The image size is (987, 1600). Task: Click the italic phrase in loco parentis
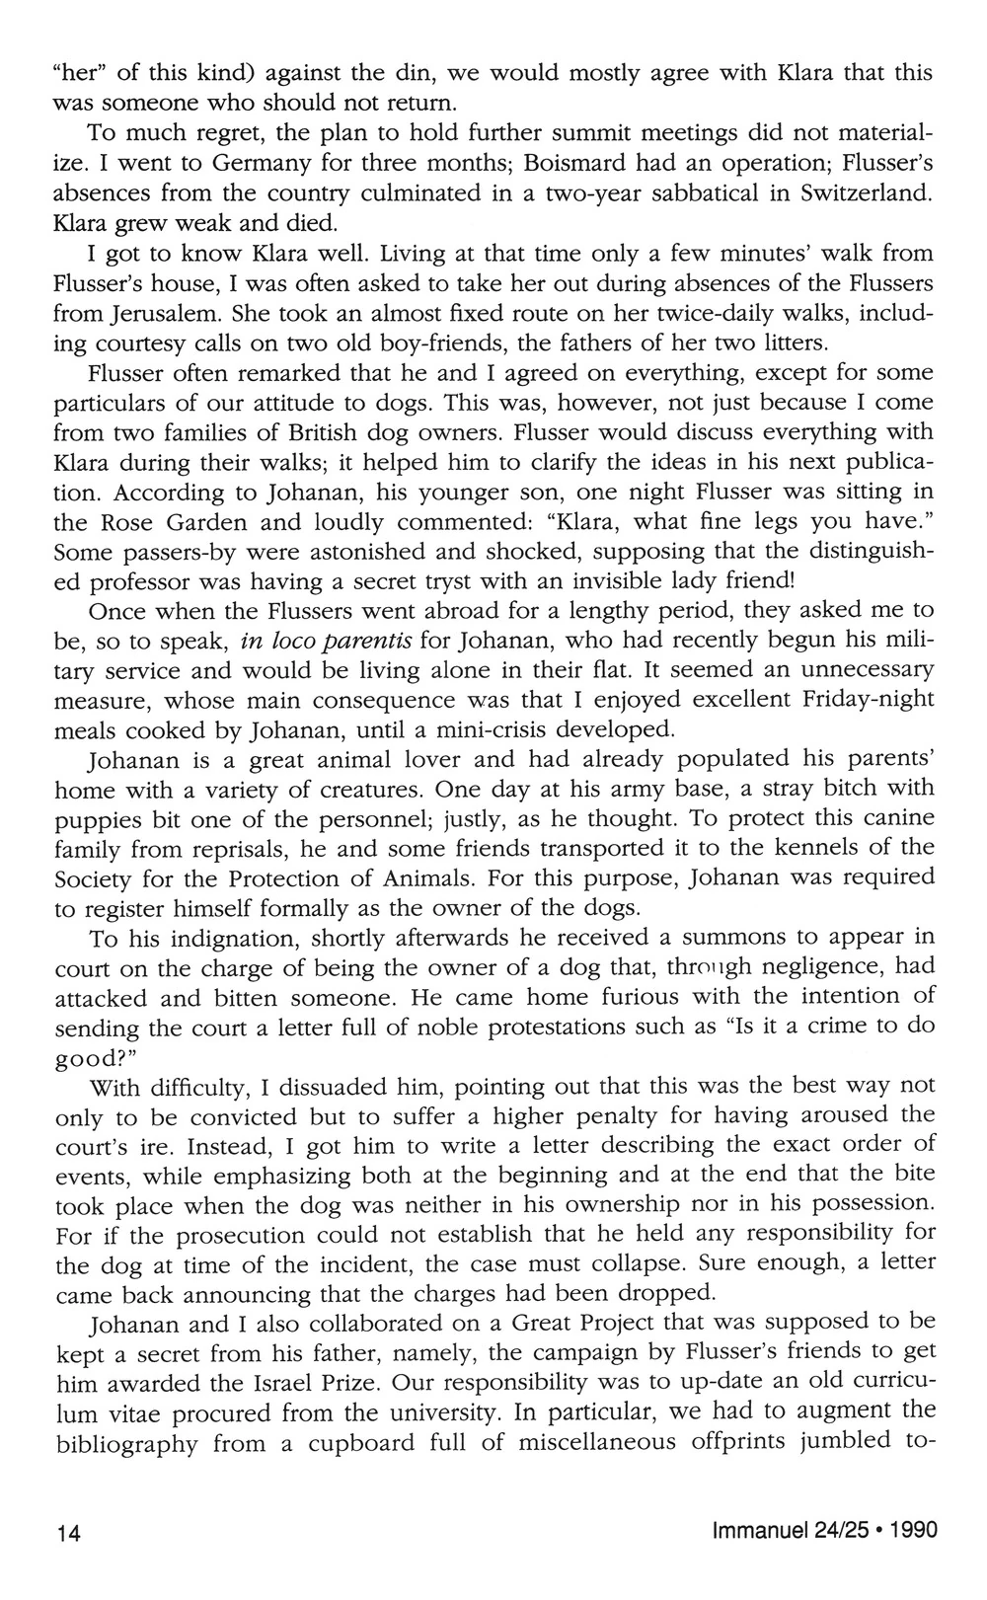[327, 639]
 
